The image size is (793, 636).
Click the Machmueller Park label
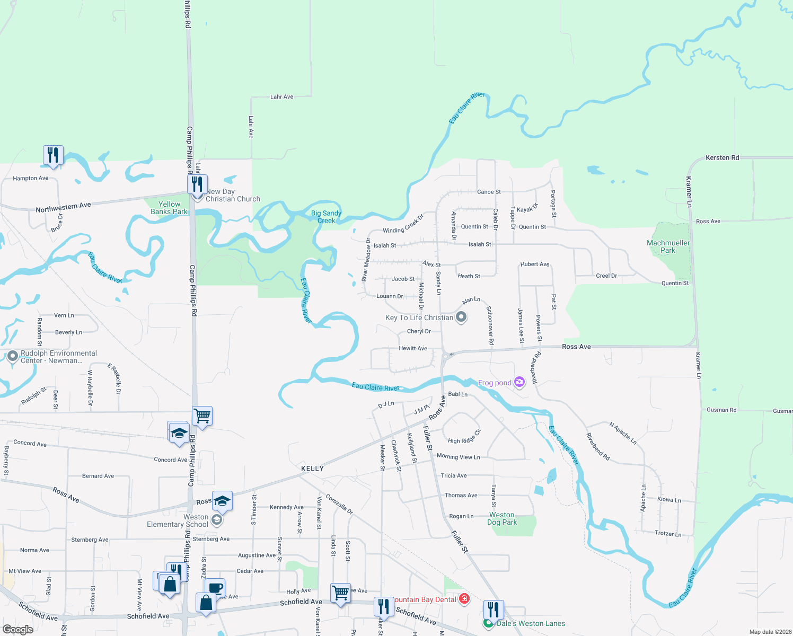(668, 246)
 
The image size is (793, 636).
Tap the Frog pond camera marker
(519, 382)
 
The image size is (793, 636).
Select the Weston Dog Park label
(502, 518)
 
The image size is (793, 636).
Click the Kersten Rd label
(722, 158)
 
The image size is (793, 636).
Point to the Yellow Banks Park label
(169, 208)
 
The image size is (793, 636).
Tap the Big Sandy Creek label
(326, 217)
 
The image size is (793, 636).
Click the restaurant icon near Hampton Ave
(53, 155)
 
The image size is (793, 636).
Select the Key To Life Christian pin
(461, 317)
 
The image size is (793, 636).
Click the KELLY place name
(312, 469)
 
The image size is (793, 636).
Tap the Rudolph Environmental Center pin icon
(13, 356)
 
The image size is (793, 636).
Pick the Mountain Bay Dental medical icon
(464, 599)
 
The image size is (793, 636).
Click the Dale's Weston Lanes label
(531, 623)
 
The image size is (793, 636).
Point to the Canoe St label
(489, 192)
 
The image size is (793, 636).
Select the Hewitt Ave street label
(413, 348)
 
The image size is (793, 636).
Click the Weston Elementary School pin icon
(216, 520)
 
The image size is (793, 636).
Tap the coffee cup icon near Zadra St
(215, 588)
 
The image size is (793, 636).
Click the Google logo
(18, 630)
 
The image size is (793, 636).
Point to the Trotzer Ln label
(668, 534)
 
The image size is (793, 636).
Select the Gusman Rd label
(721, 410)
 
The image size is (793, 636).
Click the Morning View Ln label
(458, 456)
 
